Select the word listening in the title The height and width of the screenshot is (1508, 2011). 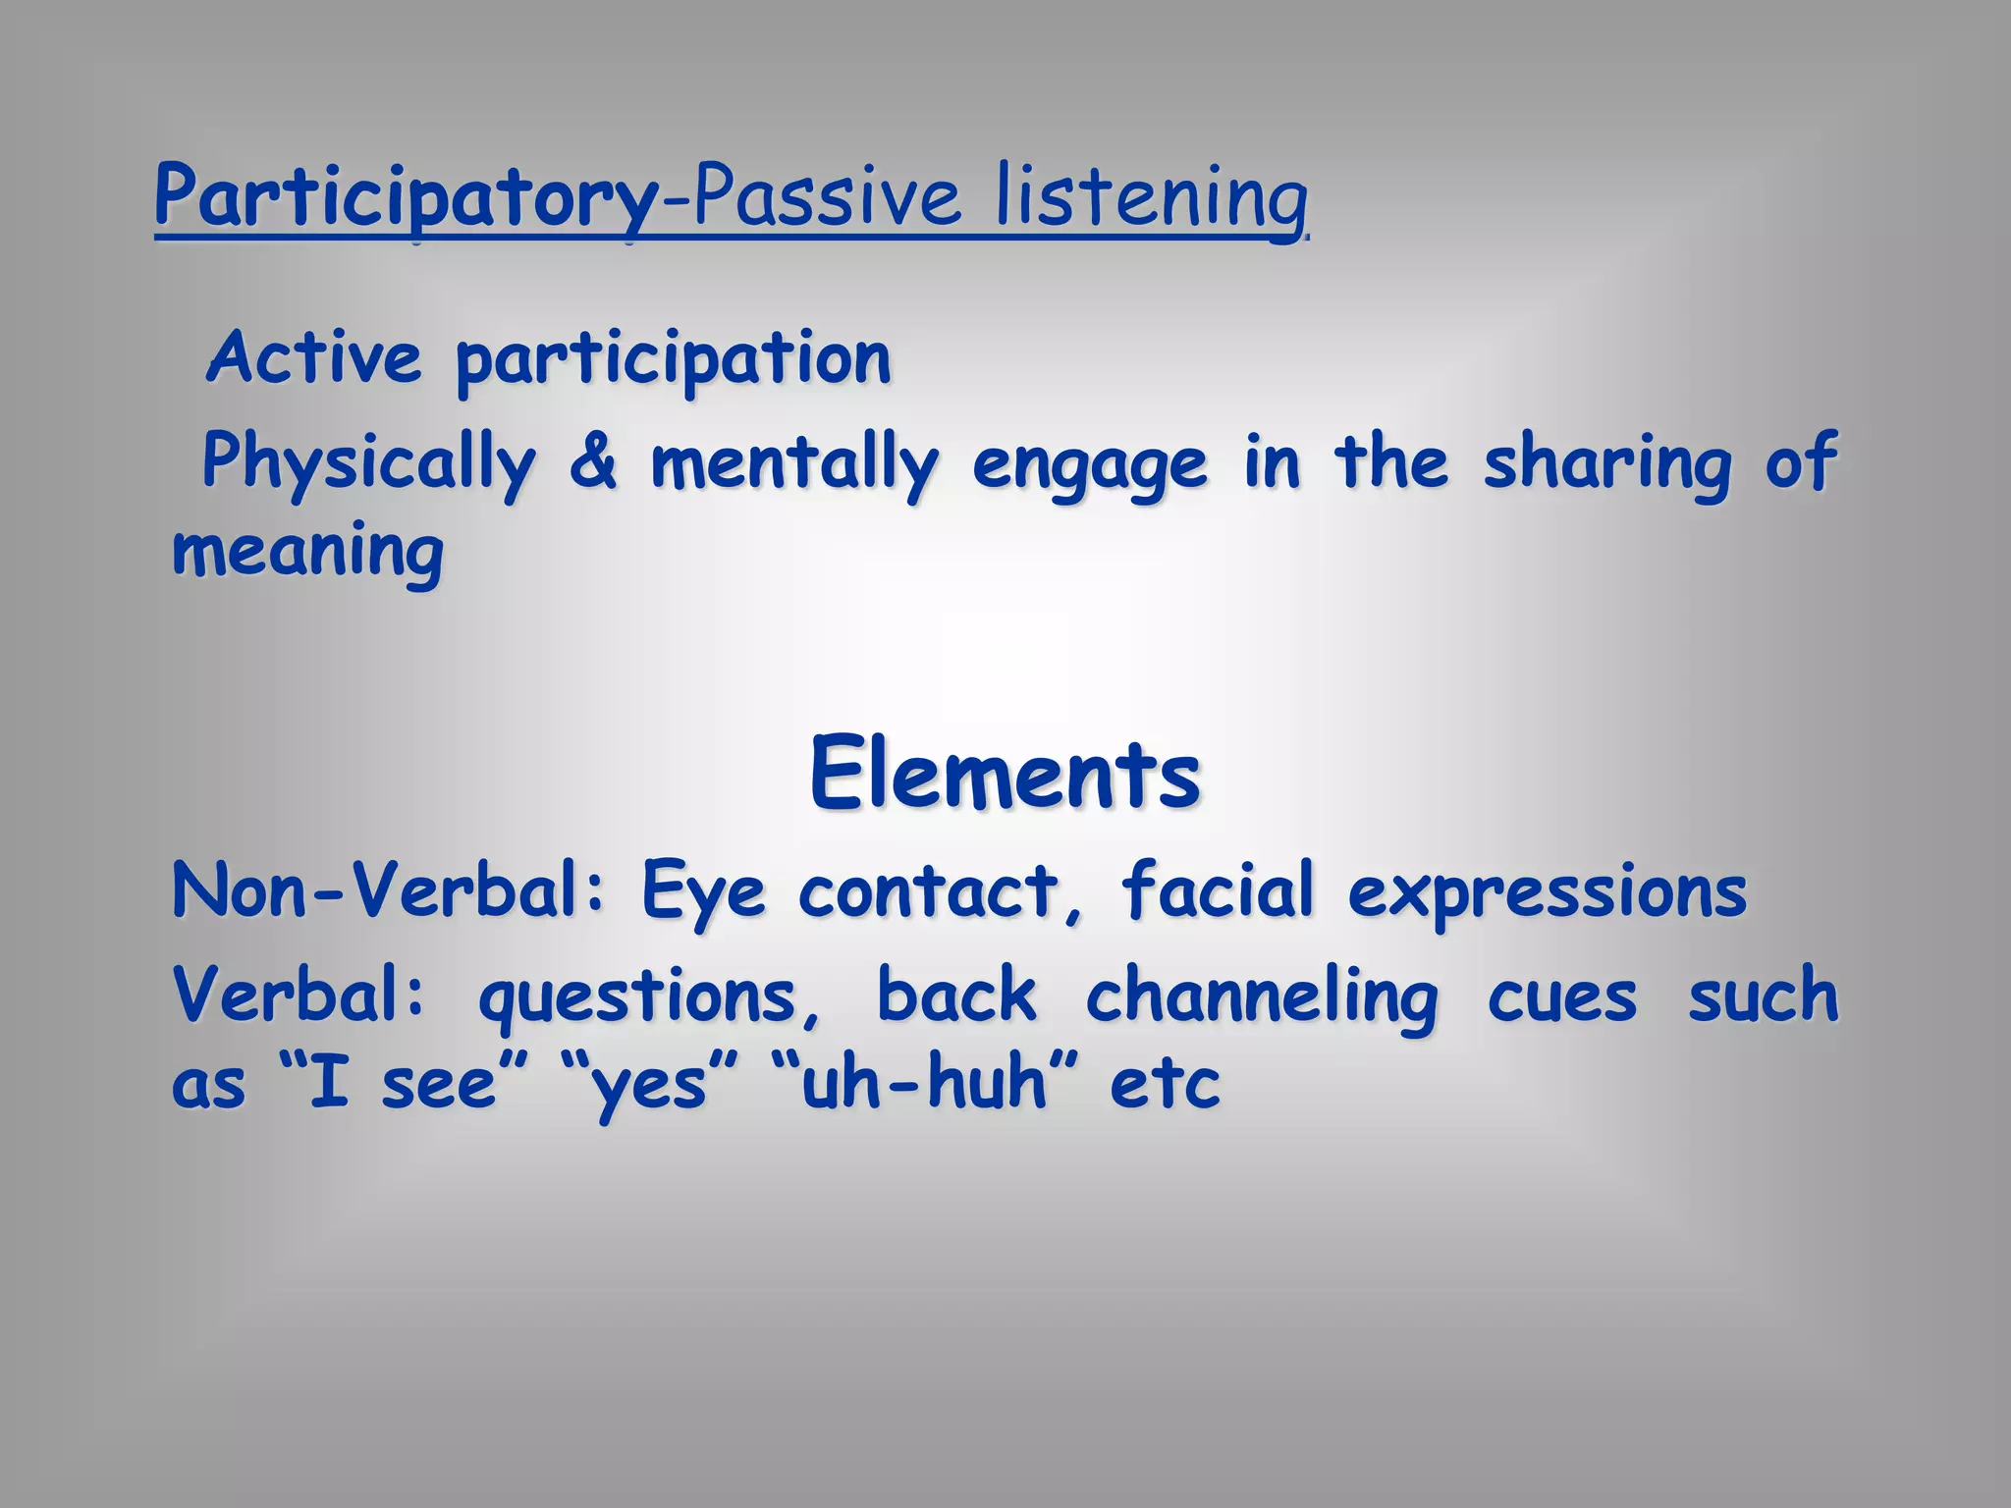pyautogui.click(x=1151, y=199)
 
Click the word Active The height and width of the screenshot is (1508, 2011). pyautogui.click(x=313, y=358)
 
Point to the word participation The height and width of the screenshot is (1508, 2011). pyautogui.click(x=674, y=361)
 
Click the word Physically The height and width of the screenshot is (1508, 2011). pyautogui.click(x=369, y=463)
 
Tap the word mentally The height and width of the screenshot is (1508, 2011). pyautogui.click(x=793, y=463)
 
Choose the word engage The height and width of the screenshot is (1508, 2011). pyautogui.click(x=1089, y=467)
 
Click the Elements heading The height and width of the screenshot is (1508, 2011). pyautogui.click(x=1005, y=776)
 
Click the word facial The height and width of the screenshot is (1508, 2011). pyautogui.click(x=1218, y=889)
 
